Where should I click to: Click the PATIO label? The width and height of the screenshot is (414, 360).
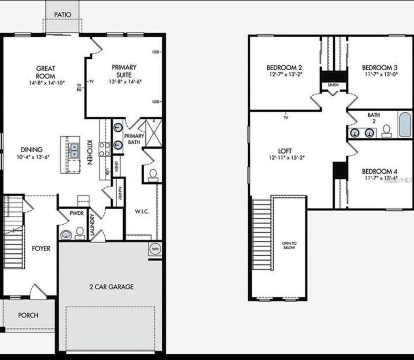[x=63, y=15]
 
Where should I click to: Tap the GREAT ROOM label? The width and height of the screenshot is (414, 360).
[x=45, y=72]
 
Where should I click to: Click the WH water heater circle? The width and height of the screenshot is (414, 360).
[x=155, y=249]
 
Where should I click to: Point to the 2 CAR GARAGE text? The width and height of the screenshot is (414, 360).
[x=111, y=287]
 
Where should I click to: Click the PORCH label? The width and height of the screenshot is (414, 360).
[x=28, y=315]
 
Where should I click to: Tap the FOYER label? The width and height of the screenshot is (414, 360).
[x=41, y=248]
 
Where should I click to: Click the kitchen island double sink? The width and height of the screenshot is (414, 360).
[x=74, y=150]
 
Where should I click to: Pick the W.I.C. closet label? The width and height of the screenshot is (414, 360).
[x=142, y=211]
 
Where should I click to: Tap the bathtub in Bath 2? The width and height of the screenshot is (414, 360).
[x=405, y=125]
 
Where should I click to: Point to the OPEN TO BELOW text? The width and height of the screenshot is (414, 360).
[x=289, y=245]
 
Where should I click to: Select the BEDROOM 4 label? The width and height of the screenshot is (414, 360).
[x=377, y=171]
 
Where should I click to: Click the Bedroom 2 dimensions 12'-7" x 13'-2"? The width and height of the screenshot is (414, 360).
[x=285, y=75]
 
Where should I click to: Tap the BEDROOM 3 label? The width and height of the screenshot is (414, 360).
[x=377, y=67]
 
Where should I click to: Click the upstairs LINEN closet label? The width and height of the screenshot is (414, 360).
[x=334, y=85]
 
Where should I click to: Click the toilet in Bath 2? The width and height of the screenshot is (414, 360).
[x=387, y=131]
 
